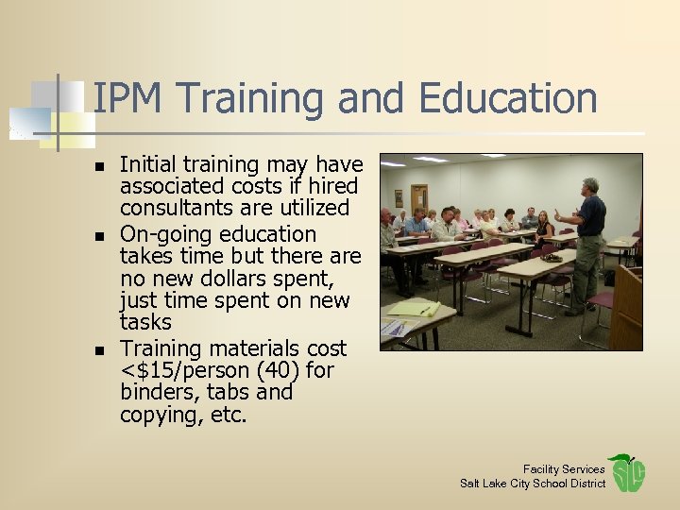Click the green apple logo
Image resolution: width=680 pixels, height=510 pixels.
point(626,473)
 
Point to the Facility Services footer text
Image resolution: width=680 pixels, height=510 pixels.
point(564,469)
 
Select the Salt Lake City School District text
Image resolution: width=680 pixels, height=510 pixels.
point(533,484)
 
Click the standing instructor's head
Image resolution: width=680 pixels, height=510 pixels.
point(591,185)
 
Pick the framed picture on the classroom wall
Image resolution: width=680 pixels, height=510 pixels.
point(399,198)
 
